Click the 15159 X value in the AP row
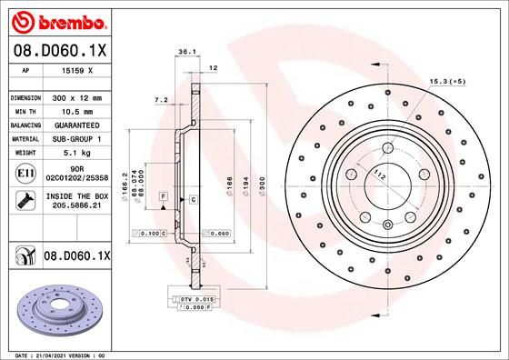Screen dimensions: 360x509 click(x=75, y=70)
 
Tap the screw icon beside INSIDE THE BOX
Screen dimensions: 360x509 click(x=22, y=201)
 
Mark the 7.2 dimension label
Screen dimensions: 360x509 click(x=161, y=98)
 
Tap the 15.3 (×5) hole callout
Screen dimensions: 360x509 click(x=449, y=83)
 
